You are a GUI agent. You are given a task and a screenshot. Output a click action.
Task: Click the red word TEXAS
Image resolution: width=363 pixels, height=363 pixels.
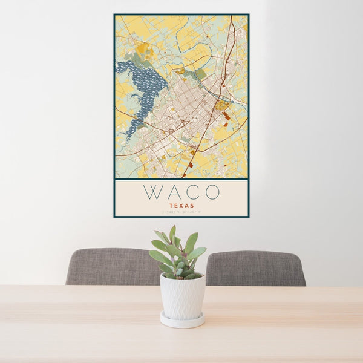[181, 206]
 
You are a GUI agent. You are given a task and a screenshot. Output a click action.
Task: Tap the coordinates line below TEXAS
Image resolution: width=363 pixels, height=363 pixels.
[181, 212]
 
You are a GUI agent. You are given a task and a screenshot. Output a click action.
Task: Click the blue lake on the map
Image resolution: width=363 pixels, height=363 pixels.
[145, 85]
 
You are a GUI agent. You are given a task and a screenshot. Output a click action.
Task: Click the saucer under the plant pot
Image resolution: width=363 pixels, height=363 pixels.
[182, 321]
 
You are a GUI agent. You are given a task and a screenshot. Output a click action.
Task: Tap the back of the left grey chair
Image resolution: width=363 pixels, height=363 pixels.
[109, 266]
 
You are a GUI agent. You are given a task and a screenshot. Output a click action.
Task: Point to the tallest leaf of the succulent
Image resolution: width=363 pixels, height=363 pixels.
[172, 232]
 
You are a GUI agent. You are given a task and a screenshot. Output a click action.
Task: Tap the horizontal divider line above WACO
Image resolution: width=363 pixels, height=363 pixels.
[181, 180]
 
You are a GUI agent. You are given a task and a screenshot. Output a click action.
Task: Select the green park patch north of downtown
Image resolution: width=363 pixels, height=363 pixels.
[200, 74]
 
